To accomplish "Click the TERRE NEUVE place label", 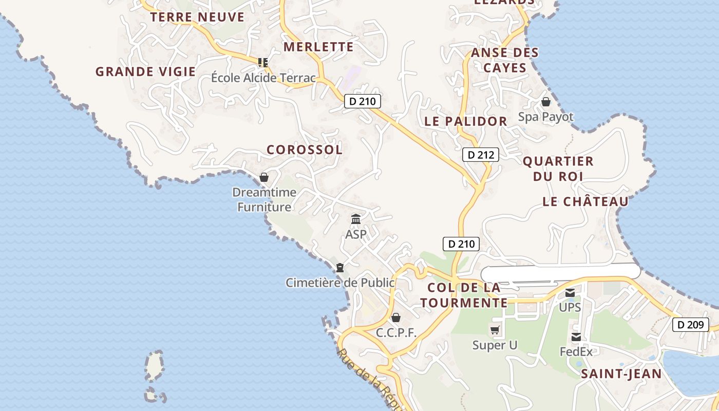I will click(x=197, y=17).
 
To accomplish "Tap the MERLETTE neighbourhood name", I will click(x=318, y=47).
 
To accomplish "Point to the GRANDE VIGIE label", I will click(x=145, y=71).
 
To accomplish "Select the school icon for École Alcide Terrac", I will click(x=263, y=63).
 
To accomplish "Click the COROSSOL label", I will click(x=304, y=150).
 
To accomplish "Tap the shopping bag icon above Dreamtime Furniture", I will click(x=264, y=177).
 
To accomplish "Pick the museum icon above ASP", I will click(x=356, y=219).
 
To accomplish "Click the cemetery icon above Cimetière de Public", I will click(x=340, y=268).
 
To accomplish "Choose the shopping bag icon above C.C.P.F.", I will click(x=395, y=317).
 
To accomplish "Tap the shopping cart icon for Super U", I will click(x=495, y=330).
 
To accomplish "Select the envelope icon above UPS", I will click(x=570, y=293).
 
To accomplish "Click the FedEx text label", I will click(x=576, y=352).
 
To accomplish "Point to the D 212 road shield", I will click(x=481, y=155).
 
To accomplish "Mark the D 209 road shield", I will click(x=691, y=325).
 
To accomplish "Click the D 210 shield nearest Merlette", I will click(x=362, y=101).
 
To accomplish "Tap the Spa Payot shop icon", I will click(x=545, y=102).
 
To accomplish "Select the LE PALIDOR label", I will click(x=466, y=121).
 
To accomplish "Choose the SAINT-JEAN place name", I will click(x=621, y=373).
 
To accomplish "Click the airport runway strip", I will click(x=560, y=272).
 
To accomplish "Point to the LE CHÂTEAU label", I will click(x=585, y=201).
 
